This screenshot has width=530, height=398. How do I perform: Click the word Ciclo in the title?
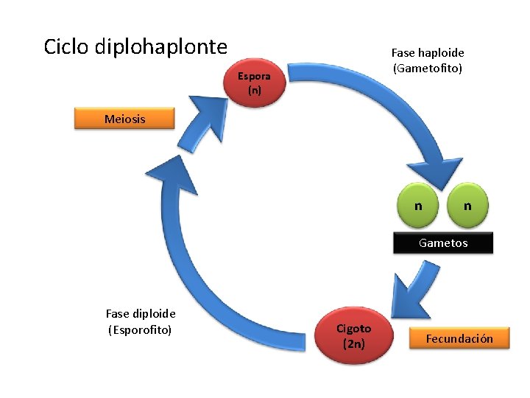click(67, 47)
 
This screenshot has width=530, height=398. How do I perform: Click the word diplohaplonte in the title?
click(161, 47)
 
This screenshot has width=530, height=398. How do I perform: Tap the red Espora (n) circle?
click(254, 83)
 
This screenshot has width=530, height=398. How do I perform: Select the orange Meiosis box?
click(124, 119)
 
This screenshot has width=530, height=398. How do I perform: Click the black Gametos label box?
click(442, 242)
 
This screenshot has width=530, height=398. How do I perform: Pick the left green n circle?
click(417, 206)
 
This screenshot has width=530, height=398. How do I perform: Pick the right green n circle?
click(467, 206)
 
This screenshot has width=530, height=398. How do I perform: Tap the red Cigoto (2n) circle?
click(353, 335)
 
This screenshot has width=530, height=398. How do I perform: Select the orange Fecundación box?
click(460, 338)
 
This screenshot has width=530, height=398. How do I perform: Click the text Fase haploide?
click(428, 53)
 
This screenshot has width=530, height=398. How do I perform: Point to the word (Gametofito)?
click(428, 69)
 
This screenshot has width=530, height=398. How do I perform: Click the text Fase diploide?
click(141, 314)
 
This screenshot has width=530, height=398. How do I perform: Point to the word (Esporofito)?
click(140, 329)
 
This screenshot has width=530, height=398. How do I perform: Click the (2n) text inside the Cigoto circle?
click(353, 343)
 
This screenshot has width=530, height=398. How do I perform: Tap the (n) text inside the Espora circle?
click(254, 91)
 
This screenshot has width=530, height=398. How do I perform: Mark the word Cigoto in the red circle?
click(353, 329)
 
